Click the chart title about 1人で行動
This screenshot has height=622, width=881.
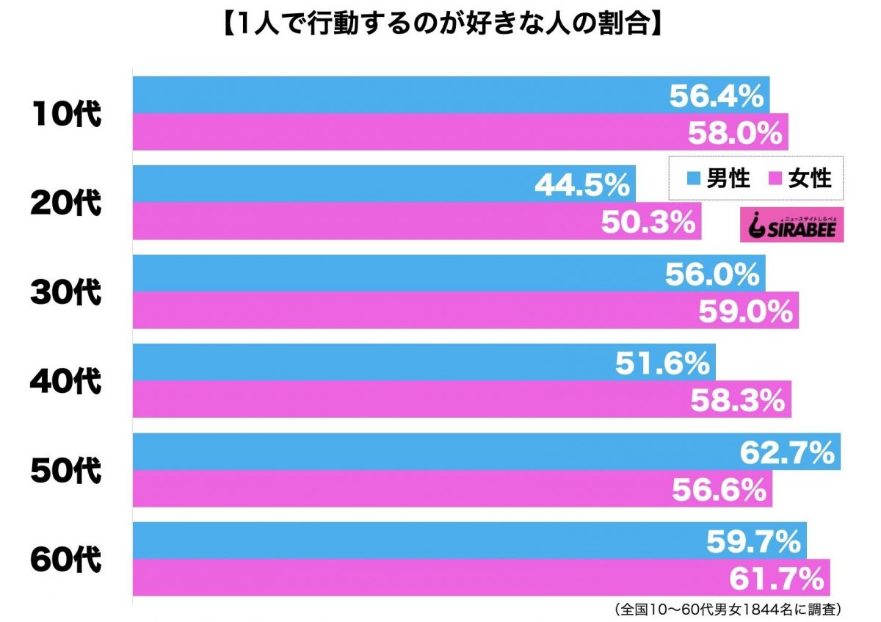coord(440,27)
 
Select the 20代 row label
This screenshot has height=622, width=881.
coord(65,203)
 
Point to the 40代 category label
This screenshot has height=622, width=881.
coord(65,381)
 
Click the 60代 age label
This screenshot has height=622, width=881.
coord(65,560)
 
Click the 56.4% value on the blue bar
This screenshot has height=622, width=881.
coord(717,95)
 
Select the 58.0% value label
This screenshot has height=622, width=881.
coord(734,133)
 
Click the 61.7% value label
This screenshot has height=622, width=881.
coord(777,579)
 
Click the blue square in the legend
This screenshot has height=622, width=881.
coord(692,178)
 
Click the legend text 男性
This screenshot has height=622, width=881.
coord(728,178)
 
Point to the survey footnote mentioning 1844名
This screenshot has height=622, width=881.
coord(724,609)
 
